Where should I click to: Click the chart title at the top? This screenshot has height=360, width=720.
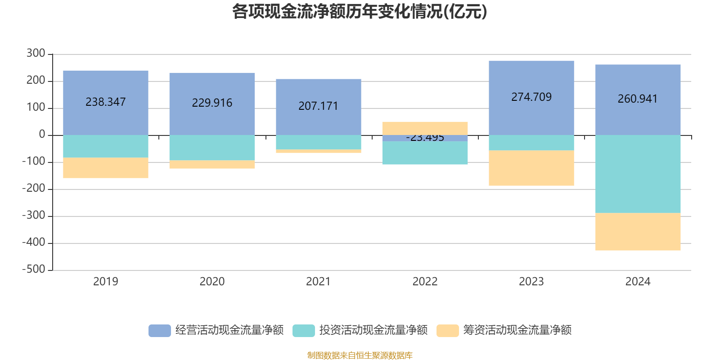pyautogui.click(x=360, y=12)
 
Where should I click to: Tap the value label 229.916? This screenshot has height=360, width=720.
pyautogui.click(x=212, y=103)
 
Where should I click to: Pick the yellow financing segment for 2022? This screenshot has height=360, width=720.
pyautogui.click(x=425, y=128)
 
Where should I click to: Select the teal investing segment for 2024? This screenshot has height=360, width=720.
pyautogui.click(x=638, y=174)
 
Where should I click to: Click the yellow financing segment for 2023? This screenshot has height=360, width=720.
pyautogui.click(x=531, y=168)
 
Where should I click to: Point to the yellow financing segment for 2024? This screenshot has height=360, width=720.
pyautogui.click(x=638, y=232)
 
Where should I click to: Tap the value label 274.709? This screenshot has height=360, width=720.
pyautogui.click(x=531, y=97)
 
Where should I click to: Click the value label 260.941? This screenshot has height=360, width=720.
pyautogui.click(x=638, y=99)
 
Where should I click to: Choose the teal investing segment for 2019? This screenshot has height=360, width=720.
pyautogui.click(x=106, y=146)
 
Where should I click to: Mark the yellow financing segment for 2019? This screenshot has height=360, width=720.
pyautogui.click(x=106, y=168)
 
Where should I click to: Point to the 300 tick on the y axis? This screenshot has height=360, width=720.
pyautogui.click(x=36, y=54)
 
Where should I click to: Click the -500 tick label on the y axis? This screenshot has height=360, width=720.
pyautogui.click(x=34, y=270)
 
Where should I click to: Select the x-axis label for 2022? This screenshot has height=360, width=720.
pyautogui.click(x=425, y=282)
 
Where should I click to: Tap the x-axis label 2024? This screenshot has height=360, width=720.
pyautogui.click(x=638, y=282)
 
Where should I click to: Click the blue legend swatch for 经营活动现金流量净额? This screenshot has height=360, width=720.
pyautogui.click(x=160, y=331)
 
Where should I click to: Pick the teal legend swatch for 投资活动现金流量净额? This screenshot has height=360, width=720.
pyautogui.click(x=304, y=331)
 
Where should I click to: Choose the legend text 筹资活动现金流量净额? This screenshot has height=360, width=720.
pyautogui.click(x=517, y=330)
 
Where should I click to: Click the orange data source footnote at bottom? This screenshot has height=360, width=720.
pyautogui.click(x=360, y=355)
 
